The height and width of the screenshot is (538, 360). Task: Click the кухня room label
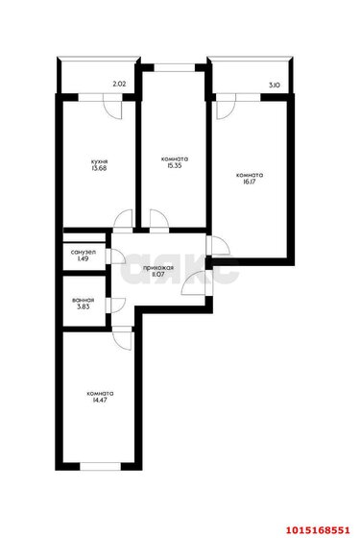pos(100,161)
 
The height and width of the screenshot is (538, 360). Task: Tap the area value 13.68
pos(100,169)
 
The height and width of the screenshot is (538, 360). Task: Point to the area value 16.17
pos(250,183)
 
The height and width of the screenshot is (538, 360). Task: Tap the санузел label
pos(82,251)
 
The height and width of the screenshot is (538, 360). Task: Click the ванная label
pos(83,300)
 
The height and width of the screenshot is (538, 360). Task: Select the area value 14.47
pos(100,401)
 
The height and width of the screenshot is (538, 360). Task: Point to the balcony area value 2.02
pos(120,85)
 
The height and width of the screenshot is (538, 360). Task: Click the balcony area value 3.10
pos(274,85)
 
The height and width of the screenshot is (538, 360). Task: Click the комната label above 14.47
pos(100,393)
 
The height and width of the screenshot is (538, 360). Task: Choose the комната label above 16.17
pos(250,176)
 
